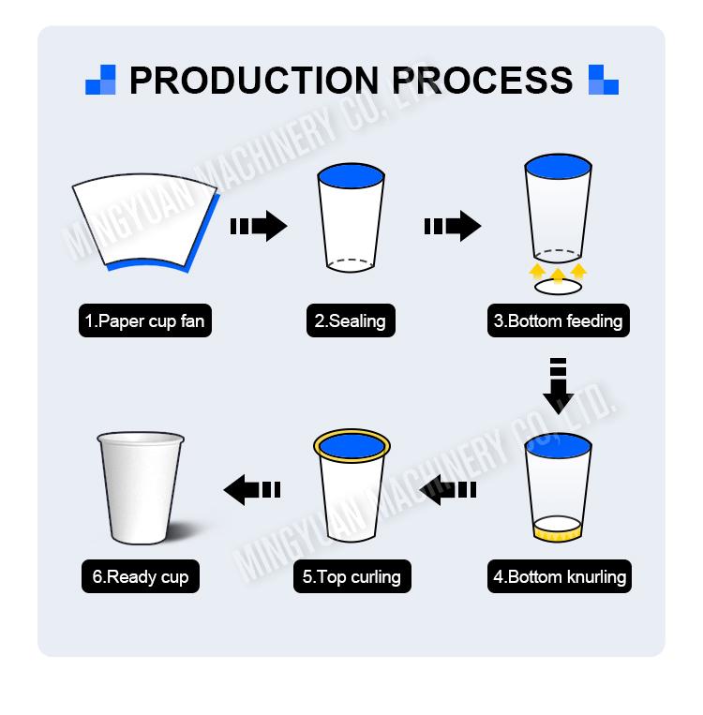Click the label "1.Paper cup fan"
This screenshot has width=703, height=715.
tap(145, 320)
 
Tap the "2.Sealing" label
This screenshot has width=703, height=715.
tap(351, 320)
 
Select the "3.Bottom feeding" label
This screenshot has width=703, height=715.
tap(559, 320)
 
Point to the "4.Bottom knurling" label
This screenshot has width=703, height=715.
tap(560, 576)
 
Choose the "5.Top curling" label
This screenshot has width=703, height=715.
tap(351, 576)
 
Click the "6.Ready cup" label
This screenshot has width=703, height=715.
tap(141, 576)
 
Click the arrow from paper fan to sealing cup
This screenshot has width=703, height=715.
tap(259, 226)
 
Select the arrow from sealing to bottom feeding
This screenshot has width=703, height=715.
tap(453, 226)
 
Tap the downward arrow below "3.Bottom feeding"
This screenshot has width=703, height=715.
tap(559, 386)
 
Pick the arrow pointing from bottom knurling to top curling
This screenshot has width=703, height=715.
tap(447, 490)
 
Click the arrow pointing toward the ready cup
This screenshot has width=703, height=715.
tap(252, 490)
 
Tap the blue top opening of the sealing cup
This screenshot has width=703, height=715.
tap(351, 176)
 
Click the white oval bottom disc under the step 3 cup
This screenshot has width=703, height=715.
tap(558, 288)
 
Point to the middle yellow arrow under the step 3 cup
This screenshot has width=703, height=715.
tap(558, 276)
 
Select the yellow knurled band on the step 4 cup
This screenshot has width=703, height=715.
tap(557, 533)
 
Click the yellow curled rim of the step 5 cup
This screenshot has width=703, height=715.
tap(351, 431)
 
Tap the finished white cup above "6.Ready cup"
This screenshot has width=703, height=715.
tap(141, 488)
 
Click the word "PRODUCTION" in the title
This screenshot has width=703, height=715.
tap(254, 81)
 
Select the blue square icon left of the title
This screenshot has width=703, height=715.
tap(101, 80)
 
